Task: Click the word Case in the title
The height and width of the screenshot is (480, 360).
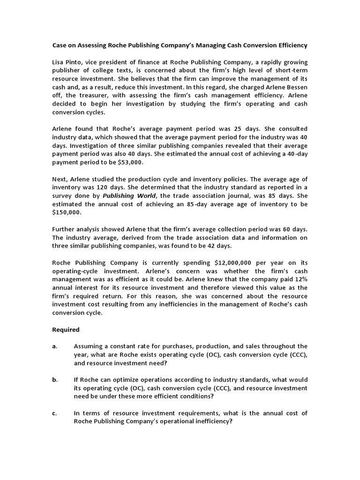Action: click(x=59, y=45)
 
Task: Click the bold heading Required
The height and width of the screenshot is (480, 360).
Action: click(x=66, y=330)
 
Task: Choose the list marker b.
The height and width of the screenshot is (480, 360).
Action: click(x=55, y=380)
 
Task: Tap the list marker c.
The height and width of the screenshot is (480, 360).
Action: click(x=55, y=413)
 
